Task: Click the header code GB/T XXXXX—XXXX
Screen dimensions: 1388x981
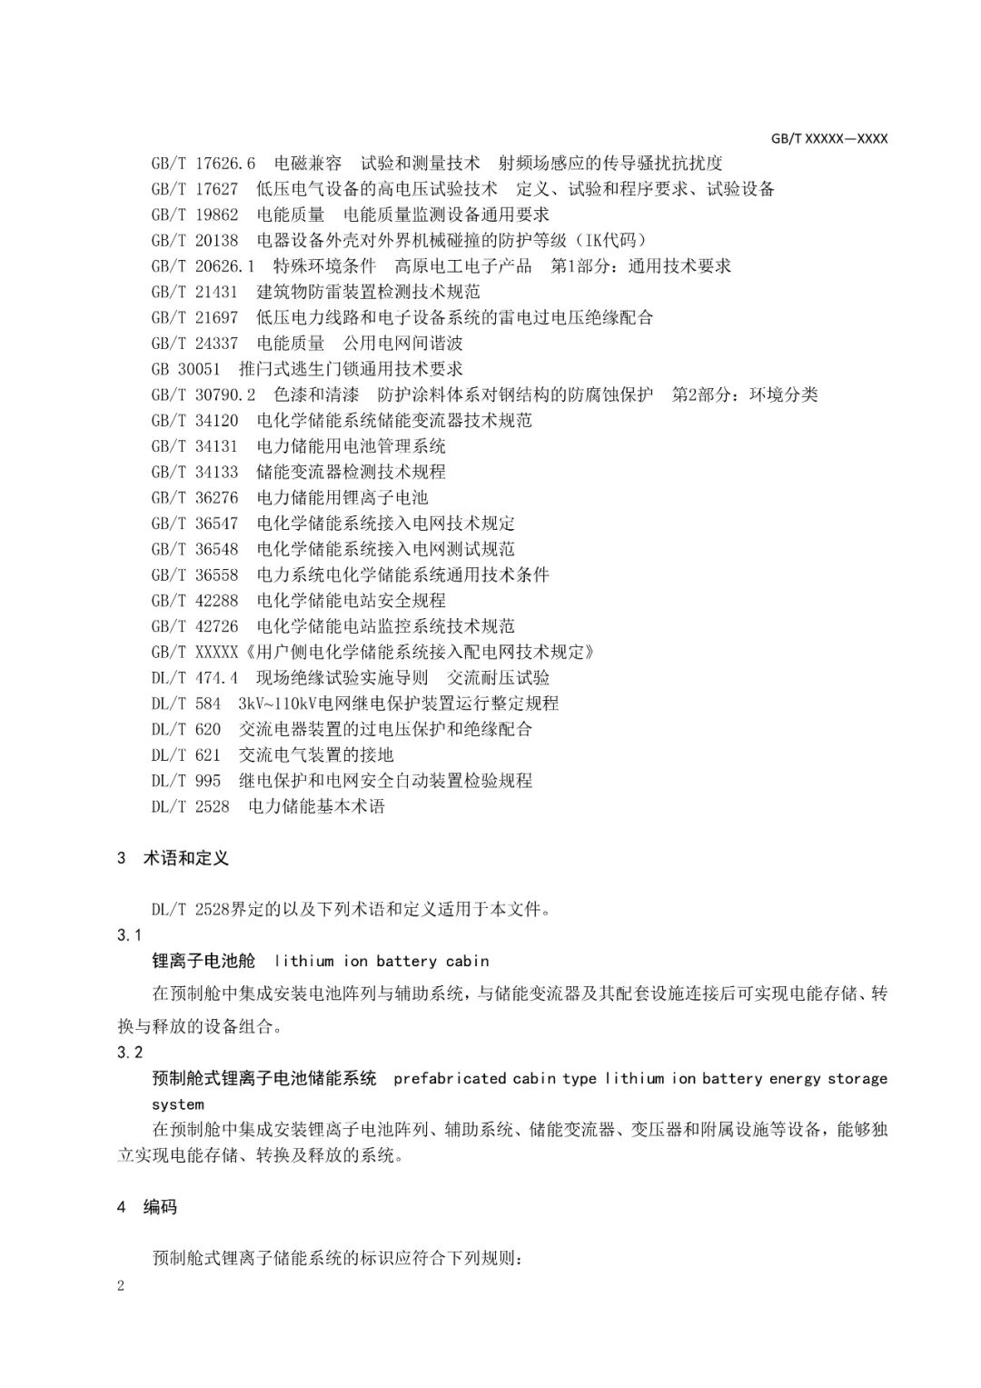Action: [x=828, y=139]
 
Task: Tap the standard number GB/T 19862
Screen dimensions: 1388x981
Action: [x=194, y=215]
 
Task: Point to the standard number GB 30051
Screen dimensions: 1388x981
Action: [x=185, y=369]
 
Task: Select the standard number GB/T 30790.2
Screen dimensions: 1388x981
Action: [x=203, y=394]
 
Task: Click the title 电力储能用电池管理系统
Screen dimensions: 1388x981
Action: [x=351, y=446]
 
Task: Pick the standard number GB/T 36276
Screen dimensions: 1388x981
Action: [x=194, y=498]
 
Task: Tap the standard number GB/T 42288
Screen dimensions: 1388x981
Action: [x=194, y=601]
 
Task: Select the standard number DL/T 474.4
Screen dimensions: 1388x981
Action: [x=194, y=678]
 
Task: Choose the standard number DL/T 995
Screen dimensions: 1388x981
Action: [x=185, y=781]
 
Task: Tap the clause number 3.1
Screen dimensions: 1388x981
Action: [x=130, y=935]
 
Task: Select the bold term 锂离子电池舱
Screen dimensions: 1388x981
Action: [x=203, y=961]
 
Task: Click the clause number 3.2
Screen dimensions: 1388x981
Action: [x=130, y=1053]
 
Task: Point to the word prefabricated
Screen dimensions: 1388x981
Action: [x=450, y=1079]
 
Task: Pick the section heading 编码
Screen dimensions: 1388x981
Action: [x=160, y=1207]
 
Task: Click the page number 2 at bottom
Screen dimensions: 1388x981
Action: [x=121, y=1285]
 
